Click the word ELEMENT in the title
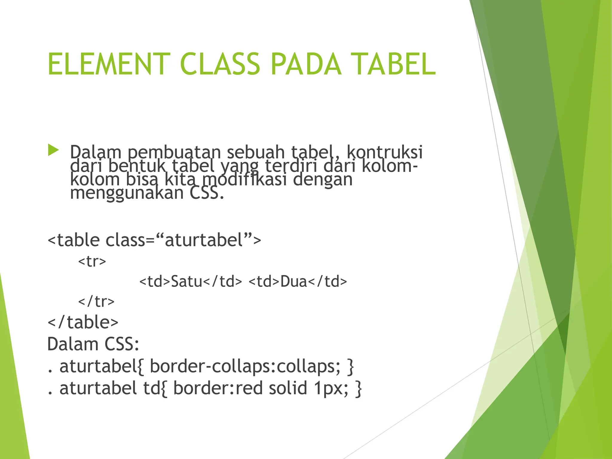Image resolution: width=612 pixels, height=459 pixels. click(109, 64)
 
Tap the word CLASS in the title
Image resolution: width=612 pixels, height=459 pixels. click(220, 64)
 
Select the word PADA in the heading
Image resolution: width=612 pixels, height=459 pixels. click(306, 64)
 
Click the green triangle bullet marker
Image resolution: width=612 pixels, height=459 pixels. click(53, 150)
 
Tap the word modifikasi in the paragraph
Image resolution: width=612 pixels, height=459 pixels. click(245, 179)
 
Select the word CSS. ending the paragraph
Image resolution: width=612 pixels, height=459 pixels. click(206, 193)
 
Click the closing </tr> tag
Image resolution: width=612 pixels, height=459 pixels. click(96, 301)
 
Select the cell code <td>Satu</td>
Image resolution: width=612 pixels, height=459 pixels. click(191, 281)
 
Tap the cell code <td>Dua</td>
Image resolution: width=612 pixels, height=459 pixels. click(298, 281)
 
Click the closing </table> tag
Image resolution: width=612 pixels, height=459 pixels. click(83, 322)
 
